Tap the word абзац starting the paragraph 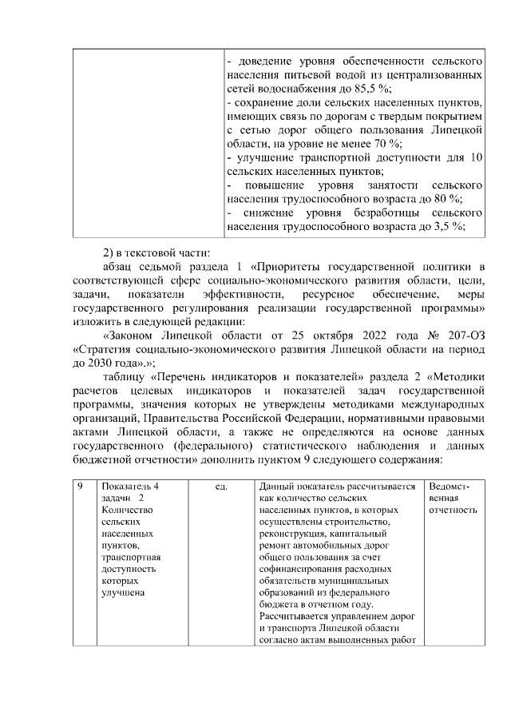tap(120, 266)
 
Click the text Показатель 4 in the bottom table tap(129, 487)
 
